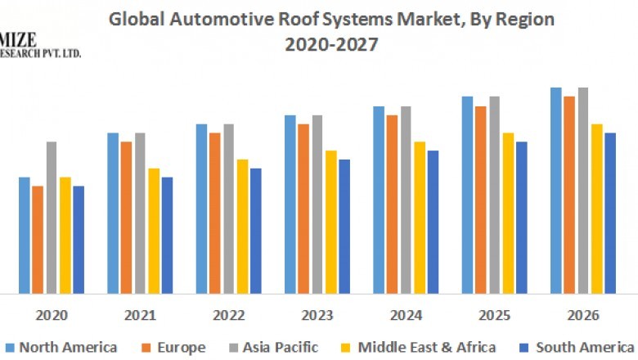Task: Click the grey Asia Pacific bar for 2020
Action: point(52,217)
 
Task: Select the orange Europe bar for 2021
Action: point(127,217)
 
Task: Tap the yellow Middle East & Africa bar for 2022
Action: point(242,226)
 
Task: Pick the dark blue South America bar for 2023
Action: point(344,226)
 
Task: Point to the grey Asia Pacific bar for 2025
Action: point(494,194)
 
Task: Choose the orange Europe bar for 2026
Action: point(569,194)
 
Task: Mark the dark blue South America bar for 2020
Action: point(79,239)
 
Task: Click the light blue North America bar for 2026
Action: point(555,190)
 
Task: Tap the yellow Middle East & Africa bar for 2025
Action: point(508,213)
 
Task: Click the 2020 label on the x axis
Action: point(52,315)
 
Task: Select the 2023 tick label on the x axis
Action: point(317,315)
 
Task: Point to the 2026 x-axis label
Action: point(582,315)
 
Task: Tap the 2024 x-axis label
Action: point(406,315)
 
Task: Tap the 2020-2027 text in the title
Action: point(331,45)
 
